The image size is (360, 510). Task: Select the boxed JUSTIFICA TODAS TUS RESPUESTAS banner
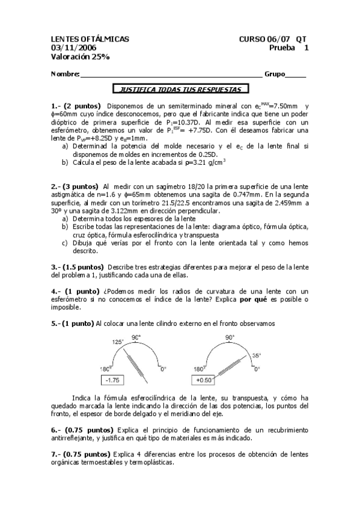coord(181,89)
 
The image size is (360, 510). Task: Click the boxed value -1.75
coord(112,380)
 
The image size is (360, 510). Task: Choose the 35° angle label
coord(256,355)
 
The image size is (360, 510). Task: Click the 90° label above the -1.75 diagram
coord(136,337)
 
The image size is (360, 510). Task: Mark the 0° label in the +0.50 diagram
coord(257,369)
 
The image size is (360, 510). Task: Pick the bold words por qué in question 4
coord(252,299)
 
